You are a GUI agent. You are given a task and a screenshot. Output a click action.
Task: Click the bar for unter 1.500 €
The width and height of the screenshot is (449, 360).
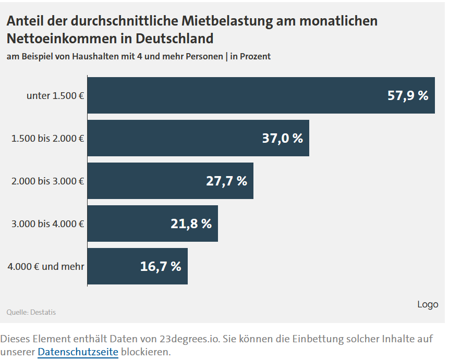click(x=235, y=95)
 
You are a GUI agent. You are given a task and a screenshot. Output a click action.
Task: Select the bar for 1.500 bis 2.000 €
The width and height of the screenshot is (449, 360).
click(x=177, y=138)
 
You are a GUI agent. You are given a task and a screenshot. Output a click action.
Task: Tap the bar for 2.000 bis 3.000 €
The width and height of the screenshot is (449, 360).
click(x=151, y=181)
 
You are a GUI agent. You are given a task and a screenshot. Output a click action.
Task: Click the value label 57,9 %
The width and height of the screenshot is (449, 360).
click(x=408, y=95)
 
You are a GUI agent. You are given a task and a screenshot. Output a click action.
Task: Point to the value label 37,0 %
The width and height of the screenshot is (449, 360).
click(x=282, y=138)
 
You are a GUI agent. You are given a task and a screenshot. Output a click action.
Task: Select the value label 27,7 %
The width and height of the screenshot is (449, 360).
click(x=226, y=181)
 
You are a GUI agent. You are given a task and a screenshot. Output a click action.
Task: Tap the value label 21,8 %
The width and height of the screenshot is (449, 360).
click(x=191, y=224)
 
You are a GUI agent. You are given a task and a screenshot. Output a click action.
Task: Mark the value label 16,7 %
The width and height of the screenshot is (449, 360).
click(x=161, y=266)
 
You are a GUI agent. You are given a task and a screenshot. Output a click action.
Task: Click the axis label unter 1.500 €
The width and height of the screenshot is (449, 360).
click(x=55, y=96)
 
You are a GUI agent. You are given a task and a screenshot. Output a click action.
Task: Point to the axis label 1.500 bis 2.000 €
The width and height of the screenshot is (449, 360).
click(x=48, y=139)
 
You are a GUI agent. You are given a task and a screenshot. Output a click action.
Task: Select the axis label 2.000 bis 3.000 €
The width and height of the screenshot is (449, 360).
click(x=48, y=181)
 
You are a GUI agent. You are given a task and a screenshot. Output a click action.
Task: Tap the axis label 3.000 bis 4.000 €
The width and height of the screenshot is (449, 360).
click(x=48, y=224)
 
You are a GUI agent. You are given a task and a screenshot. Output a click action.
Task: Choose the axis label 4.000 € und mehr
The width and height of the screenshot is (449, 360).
click(x=46, y=267)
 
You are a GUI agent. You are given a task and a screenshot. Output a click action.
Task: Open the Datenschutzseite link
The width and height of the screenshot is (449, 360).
click(x=78, y=352)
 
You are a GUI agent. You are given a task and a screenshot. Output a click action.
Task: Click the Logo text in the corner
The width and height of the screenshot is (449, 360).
click(x=428, y=304)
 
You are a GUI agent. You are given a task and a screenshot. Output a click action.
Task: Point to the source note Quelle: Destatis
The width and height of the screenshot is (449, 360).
click(x=31, y=312)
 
